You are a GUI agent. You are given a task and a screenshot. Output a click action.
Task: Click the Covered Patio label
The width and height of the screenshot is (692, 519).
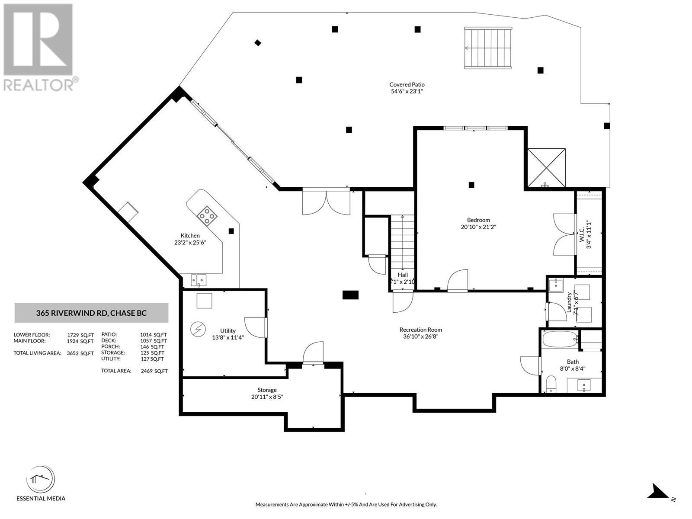click(x=407, y=85)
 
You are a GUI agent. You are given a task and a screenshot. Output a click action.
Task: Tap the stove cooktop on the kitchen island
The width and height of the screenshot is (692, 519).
click(x=207, y=216)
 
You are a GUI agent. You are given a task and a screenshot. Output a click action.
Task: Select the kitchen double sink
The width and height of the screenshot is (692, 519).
click(x=199, y=280)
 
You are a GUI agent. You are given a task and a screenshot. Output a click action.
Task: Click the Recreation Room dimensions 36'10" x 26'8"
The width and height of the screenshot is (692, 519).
click(x=420, y=336)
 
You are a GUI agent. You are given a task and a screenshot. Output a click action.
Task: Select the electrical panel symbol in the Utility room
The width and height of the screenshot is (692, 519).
click(x=198, y=330)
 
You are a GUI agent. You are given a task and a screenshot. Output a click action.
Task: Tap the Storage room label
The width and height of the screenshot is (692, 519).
click(x=267, y=390)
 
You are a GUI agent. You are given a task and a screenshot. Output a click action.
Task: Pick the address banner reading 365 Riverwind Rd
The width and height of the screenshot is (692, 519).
click(x=91, y=313)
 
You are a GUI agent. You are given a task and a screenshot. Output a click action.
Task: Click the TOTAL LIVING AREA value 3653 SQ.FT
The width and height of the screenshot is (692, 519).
click(x=80, y=353)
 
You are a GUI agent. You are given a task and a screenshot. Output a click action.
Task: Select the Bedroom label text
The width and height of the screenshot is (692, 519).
click(x=478, y=220)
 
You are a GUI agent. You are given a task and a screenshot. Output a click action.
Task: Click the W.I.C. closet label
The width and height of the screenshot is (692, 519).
click(x=582, y=234)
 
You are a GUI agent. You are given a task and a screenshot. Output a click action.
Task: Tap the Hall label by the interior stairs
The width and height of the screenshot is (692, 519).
click(x=403, y=275)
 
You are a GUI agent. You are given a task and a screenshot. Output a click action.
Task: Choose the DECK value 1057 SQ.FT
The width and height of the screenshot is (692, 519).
click(x=154, y=341)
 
